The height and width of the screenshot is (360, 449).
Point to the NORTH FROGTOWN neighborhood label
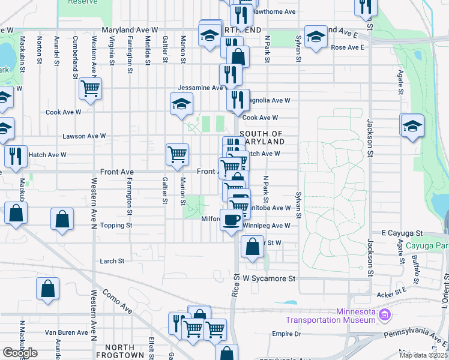[124, 351]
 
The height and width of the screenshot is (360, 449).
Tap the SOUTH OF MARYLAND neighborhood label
[262, 137]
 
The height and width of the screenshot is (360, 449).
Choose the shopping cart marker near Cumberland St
[90, 89]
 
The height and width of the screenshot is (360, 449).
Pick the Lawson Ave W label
[84, 136]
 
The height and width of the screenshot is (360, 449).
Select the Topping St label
[116, 226]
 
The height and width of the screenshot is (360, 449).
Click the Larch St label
[112, 261]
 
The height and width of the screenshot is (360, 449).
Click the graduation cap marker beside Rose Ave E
[316, 37]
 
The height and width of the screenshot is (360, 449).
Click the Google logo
[20, 353]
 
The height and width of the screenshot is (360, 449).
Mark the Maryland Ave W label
[130, 29]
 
